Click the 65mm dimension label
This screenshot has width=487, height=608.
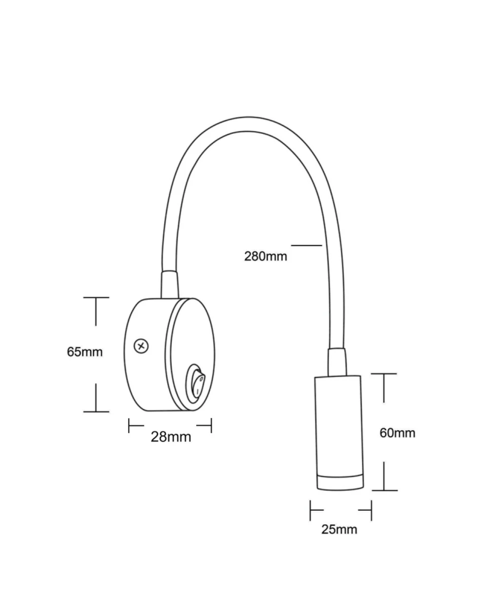click(85, 352)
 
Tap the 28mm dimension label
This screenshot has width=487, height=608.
click(171, 437)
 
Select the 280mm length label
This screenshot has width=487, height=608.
click(266, 256)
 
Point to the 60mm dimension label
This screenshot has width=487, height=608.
click(397, 433)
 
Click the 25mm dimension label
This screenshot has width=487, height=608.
click(339, 529)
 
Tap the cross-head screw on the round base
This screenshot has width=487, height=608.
click(141, 346)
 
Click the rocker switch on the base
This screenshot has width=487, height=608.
click(196, 384)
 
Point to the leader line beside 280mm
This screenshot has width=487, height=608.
click(307, 245)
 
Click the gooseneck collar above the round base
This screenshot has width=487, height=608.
click(170, 285)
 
